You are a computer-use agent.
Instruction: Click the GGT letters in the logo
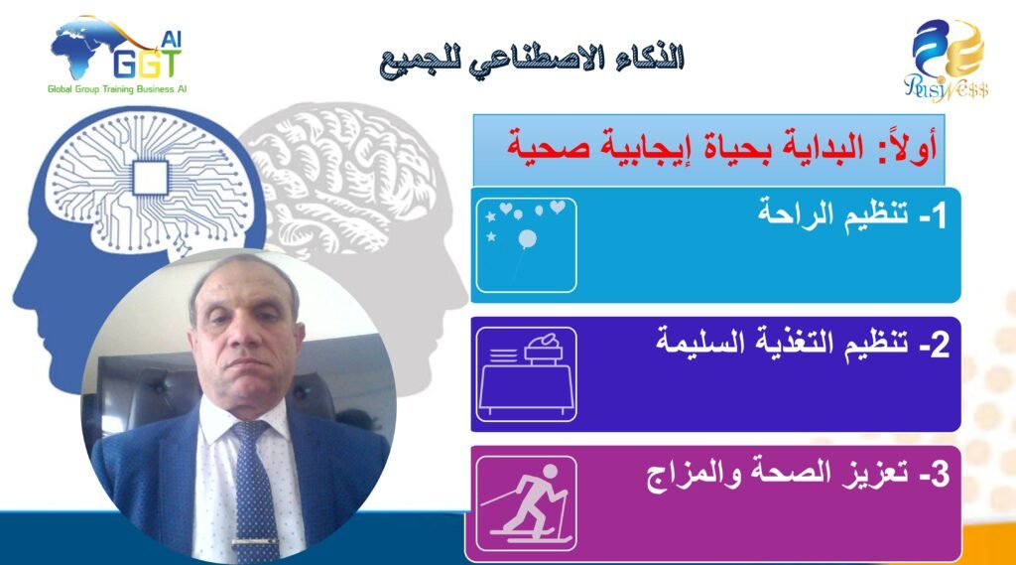[x=147, y=65]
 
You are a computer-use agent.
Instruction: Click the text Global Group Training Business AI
[x=117, y=89]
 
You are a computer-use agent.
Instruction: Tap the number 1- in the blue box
[x=933, y=215]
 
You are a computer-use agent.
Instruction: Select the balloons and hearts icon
[x=526, y=245]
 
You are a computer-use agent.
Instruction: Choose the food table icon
[x=526, y=374]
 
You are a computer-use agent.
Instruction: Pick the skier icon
[x=526, y=503]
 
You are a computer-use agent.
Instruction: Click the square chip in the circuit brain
[x=151, y=178]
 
